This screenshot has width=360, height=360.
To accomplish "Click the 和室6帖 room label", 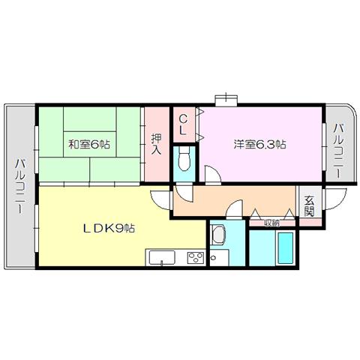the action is tap(89, 145).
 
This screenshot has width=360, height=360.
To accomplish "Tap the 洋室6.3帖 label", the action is tap(259, 145).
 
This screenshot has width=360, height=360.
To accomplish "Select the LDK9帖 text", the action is tap(109, 228).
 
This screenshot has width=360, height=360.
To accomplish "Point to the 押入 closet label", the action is tap(156, 144).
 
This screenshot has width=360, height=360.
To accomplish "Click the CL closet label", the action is tap(183, 125).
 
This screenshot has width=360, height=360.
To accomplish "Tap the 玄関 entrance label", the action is tap(309, 206).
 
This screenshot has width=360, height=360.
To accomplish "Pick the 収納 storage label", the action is tap(272, 223).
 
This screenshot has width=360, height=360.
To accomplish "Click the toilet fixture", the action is tap(184, 158).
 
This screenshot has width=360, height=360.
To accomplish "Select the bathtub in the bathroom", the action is tap(286, 248).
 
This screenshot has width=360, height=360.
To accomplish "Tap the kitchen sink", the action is tap(162, 258).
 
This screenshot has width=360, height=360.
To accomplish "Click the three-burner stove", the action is tap(196, 258).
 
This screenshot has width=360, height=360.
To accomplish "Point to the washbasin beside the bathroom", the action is tap(218, 233).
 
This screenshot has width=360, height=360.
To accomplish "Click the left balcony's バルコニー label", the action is tap(21, 186).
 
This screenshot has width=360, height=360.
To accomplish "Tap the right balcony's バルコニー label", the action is tap(340, 151).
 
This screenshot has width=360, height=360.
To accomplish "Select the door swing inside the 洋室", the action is tap(213, 175).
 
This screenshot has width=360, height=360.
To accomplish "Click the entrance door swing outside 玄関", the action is tap(335, 199).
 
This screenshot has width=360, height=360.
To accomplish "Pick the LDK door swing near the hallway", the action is tap(160, 199).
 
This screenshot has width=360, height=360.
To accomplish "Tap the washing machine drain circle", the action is tap(214, 257).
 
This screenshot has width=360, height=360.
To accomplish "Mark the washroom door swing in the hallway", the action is tap(235, 209).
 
